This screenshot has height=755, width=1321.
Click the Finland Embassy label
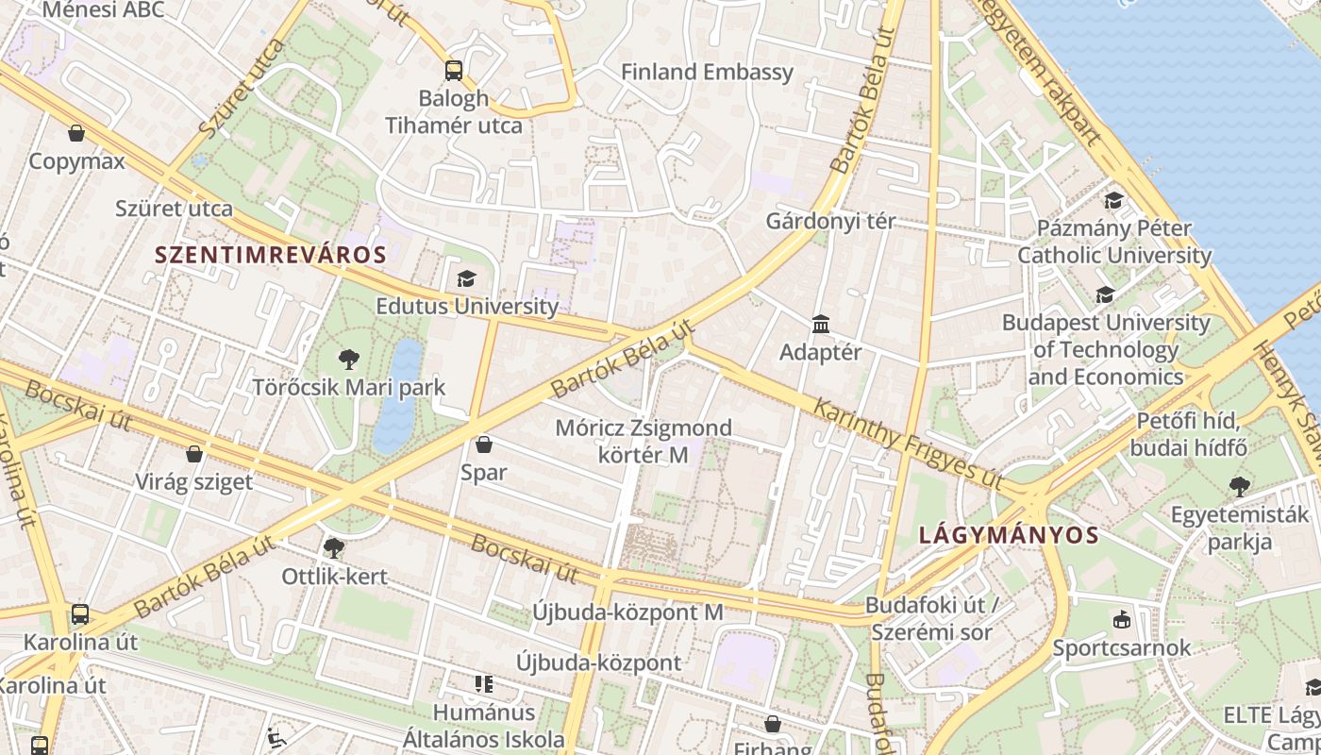coord(707,72)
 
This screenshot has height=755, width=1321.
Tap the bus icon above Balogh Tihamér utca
coord(454,70)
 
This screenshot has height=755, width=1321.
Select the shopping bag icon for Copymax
coord(76,133)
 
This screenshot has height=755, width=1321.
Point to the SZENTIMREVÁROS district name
coord(271,255)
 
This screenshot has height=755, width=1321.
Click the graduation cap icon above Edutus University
coord(466,278)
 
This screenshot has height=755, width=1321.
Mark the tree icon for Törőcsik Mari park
coord(349,359)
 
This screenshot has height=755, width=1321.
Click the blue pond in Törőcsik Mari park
coord(399,396)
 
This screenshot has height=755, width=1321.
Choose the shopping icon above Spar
coord(484,445)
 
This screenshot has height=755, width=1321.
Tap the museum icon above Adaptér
coord(821,325)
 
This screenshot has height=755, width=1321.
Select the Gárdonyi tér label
coord(830,222)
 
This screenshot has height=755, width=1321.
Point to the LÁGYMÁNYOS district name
coord(1009,536)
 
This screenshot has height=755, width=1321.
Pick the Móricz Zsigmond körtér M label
coord(644,441)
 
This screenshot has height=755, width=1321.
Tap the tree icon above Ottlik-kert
coord(333,548)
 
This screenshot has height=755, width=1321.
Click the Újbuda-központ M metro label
coord(627,612)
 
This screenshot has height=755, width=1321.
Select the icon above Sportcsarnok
coord(1122,620)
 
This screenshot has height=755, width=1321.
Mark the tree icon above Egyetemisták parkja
coord(1240,487)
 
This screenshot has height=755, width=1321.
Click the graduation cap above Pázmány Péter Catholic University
coord(1114,200)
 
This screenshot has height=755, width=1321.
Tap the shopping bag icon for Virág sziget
coord(194,454)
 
